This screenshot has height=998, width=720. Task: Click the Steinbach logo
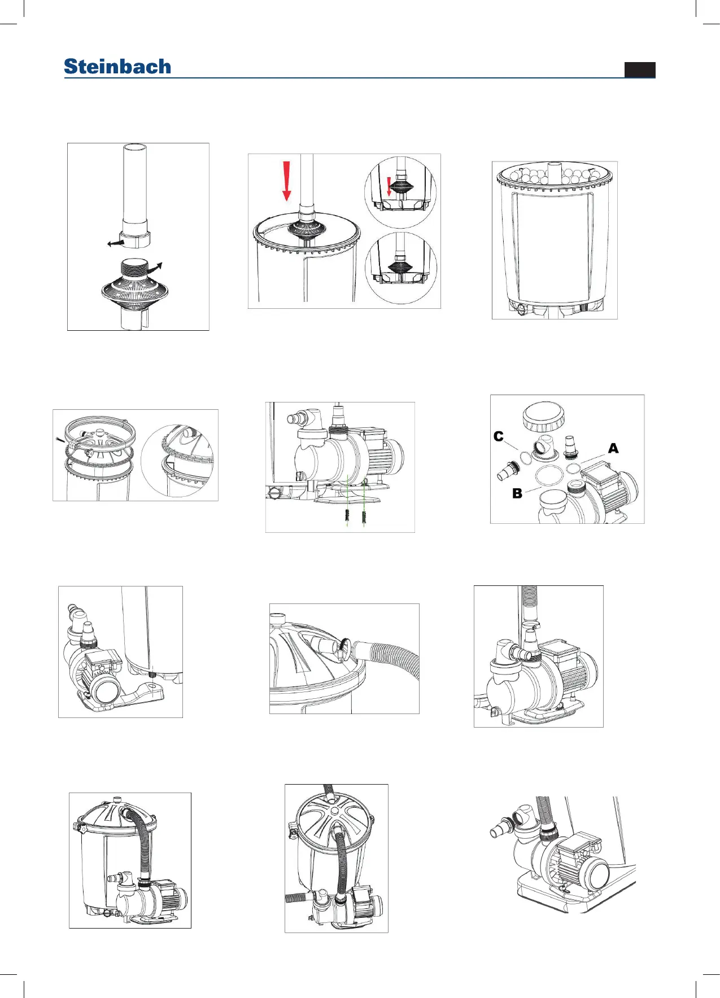[x=117, y=67]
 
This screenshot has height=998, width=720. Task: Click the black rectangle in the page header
[x=640, y=69]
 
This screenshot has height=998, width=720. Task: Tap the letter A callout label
[x=613, y=448]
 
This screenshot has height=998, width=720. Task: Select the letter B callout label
[x=517, y=493]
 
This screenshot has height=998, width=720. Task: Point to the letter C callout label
[x=498, y=436]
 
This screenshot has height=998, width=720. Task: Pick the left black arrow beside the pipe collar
[x=116, y=243]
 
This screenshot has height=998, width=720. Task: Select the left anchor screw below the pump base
[x=347, y=515]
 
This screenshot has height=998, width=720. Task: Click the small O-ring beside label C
[x=525, y=457]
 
